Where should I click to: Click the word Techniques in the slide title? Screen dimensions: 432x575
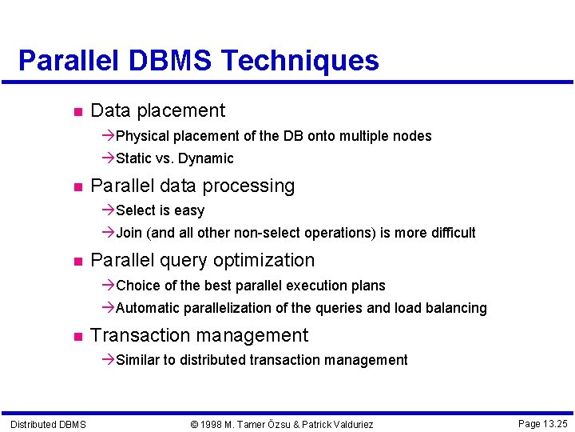tap(299, 61)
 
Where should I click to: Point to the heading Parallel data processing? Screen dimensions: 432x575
tap(192, 186)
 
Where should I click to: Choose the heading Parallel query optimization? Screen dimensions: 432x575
tap(203, 260)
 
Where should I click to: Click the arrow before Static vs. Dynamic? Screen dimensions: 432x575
tap(109, 158)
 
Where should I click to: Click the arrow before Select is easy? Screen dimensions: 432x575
tap(109, 210)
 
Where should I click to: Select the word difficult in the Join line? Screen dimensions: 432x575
tap(451, 233)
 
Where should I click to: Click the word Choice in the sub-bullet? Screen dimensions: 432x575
tap(137, 286)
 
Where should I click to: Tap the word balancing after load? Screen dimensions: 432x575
tap(458, 308)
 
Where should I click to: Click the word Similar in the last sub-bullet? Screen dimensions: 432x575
tap(137, 360)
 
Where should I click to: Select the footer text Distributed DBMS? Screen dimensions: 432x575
tap(48, 424)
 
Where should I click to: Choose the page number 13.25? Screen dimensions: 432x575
tap(553, 423)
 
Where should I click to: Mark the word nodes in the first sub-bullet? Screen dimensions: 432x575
tap(413, 136)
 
